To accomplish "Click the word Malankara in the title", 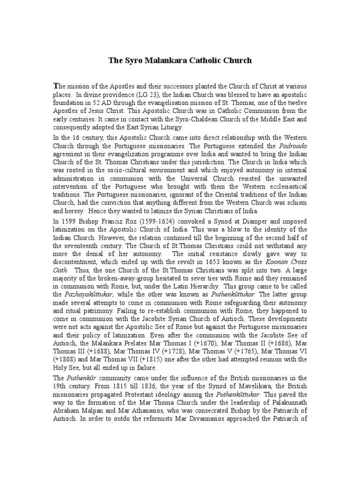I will [x=157, y=60].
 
